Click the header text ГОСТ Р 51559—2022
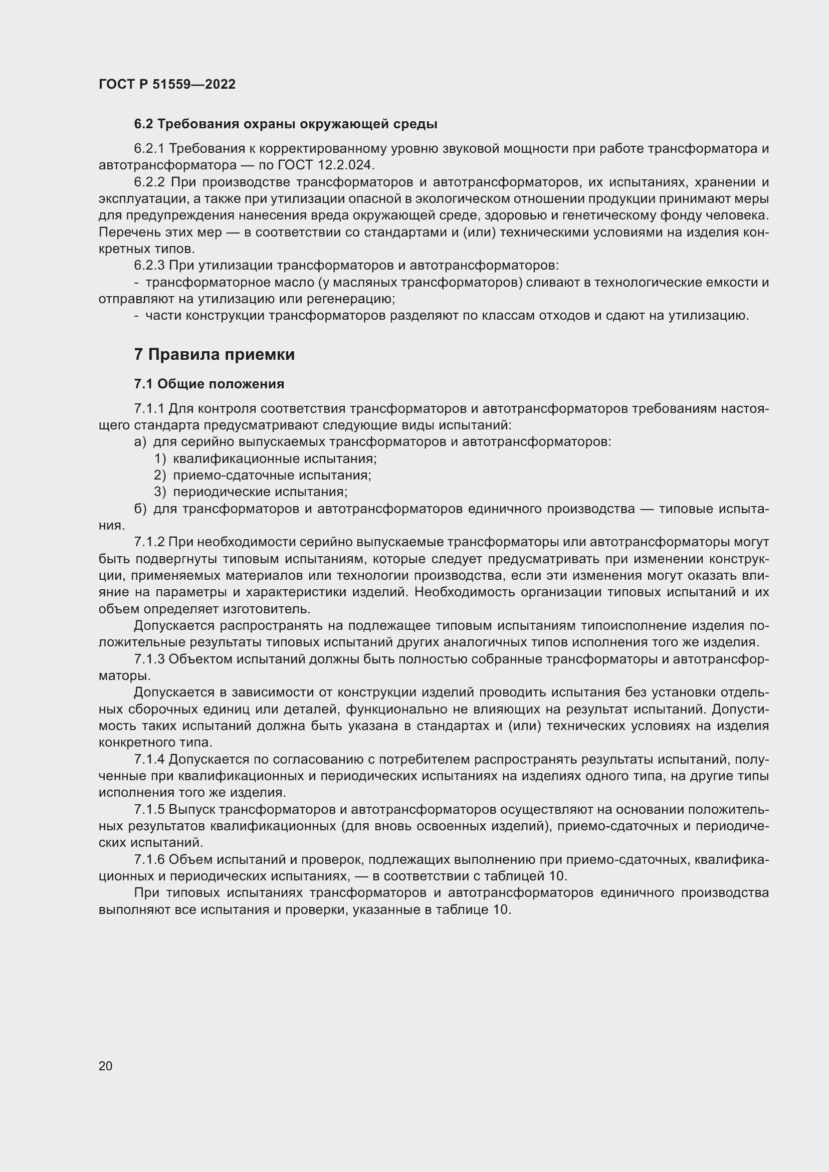pyautogui.click(x=167, y=84)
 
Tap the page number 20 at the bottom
pyautogui.click(x=105, y=1066)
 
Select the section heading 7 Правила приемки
pyautogui.click(x=215, y=354)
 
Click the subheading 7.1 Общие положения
pyautogui.click(x=210, y=384)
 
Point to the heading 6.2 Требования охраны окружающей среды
pyautogui.click(x=285, y=124)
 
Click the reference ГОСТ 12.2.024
pyautogui.click(x=326, y=165)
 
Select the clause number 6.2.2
pyautogui.click(x=149, y=182)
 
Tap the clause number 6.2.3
pyautogui.click(x=149, y=266)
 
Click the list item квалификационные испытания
pyautogui.click(x=275, y=459)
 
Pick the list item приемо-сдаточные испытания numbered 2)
pyautogui.click(x=272, y=475)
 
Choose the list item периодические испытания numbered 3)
pyautogui.click(x=260, y=492)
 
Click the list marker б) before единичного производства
pyautogui.click(x=140, y=509)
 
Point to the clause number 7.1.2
pyautogui.click(x=149, y=542)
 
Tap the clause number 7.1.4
pyautogui.click(x=149, y=760)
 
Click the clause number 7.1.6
pyautogui.click(x=149, y=860)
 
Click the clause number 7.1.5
pyautogui.click(x=149, y=810)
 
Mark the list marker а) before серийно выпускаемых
pyautogui.click(x=140, y=442)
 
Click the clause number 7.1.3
pyautogui.click(x=149, y=659)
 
